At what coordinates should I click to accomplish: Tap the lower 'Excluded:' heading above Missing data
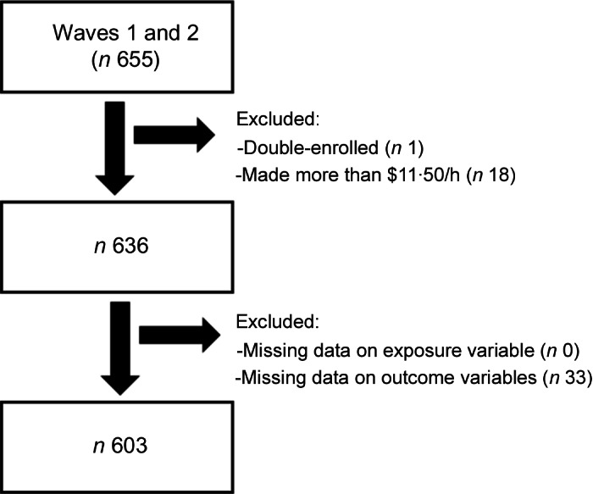[x=270, y=323]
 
